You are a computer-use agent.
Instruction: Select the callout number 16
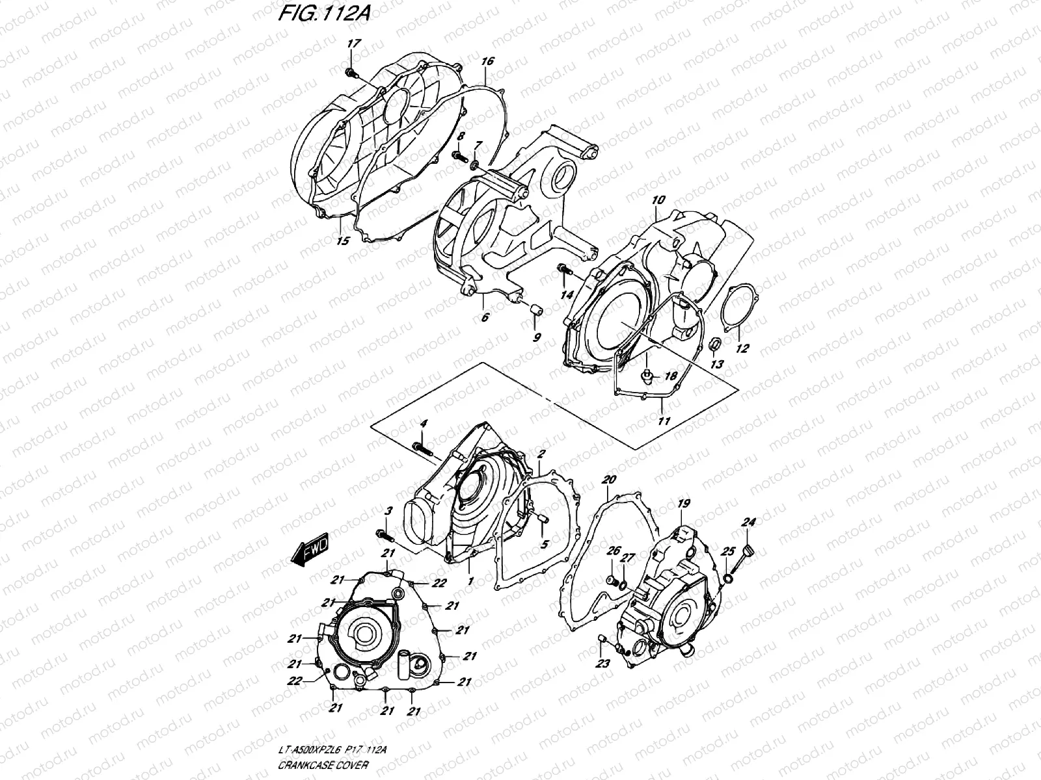(487, 62)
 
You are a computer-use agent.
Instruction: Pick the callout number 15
(344, 240)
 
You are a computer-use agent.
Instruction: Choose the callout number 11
(663, 421)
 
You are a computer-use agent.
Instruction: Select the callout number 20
(608, 480)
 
